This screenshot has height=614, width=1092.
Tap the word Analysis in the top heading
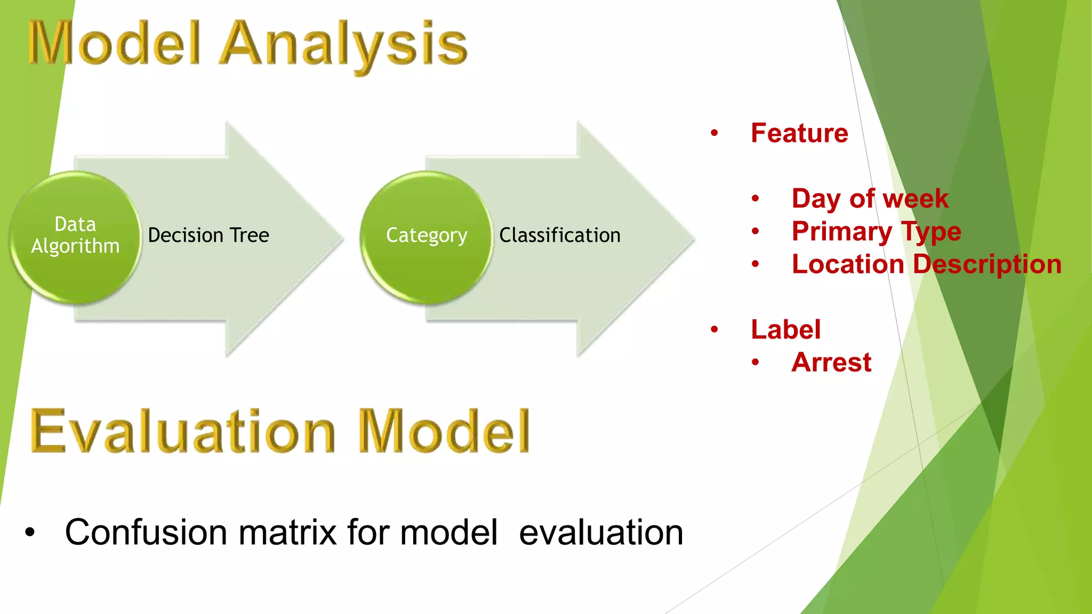(x=344, y=45)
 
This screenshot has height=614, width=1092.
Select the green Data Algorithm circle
(x=75, y=237)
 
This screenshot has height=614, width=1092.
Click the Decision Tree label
(x=208, y=235)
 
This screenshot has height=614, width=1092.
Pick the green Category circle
(x=427, y=237)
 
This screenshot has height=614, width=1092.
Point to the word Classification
(x=560, y=235)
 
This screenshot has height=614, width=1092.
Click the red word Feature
(x=799, y=133)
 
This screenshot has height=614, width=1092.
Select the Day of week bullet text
(x=870, y=198)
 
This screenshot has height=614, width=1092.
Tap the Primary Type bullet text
(x=876, y=231)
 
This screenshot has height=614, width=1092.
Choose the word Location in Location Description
(x=848, y=264)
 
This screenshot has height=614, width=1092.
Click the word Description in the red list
(x=987, y=264)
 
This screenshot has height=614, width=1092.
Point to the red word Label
(x=785, y=329)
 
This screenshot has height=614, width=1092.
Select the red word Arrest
(x=831, y=362)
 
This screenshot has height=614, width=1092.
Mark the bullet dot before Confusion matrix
(x=30, y=532)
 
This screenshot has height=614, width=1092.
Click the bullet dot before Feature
(x=714, y=133)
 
